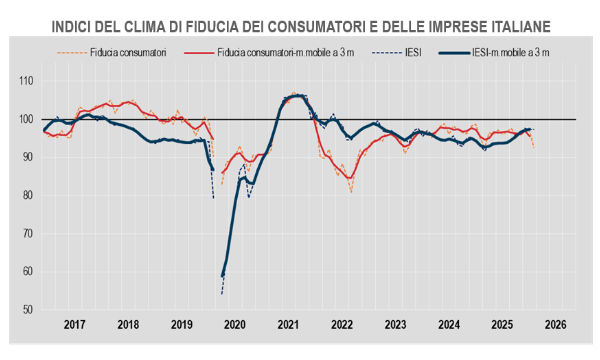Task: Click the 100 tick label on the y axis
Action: (x=27, y=120)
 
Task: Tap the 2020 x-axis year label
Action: (x=235, y=325)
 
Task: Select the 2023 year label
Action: (x=396, y=325)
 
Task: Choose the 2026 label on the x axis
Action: (x=556, y=325)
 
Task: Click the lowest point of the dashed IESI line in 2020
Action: (x=221, y=294)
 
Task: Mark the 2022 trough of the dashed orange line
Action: (x=351, y=191)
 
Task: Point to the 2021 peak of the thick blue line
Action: (x=297, y=96)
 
